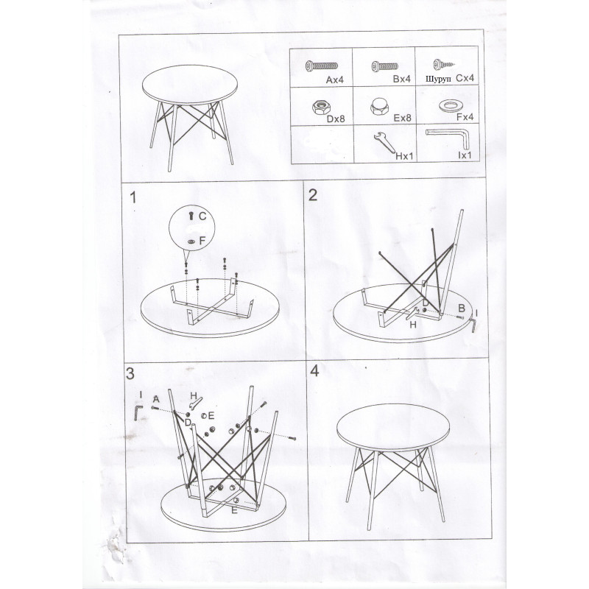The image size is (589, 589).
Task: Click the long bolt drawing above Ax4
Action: pos(321,66)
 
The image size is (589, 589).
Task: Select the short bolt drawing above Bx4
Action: pos(384,66)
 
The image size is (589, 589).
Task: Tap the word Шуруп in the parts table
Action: pos(438,80)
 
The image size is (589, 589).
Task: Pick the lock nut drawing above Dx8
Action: pos(321,107)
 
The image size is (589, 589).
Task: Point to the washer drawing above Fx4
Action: pos(450,106)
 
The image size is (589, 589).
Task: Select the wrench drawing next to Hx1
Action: pos(384,142)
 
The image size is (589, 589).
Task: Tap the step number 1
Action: pos(133,197)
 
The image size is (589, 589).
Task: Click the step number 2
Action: pos(313,195)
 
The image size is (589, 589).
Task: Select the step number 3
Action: pos(130,374)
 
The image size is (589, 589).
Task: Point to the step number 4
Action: pos(315,371)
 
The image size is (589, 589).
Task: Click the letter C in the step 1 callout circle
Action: pos(202,216)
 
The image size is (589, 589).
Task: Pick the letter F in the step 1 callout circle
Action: pos(202,241)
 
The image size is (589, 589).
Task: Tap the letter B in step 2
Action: pos(462,308)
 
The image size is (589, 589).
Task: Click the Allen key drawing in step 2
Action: pos(473,325)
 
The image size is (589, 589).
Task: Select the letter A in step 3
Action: pos(156,399)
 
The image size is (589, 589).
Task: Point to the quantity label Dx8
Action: pos(336,119)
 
